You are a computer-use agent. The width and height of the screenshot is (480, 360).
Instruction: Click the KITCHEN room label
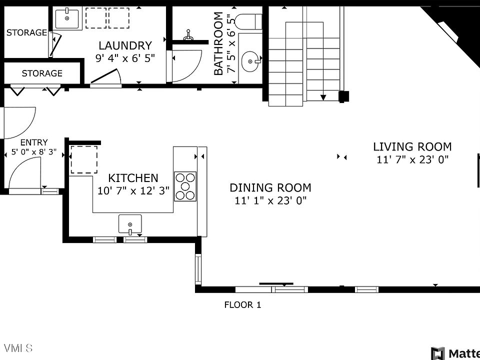pos(133,178)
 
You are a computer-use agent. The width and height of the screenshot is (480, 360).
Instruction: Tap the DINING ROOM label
pos(270,187)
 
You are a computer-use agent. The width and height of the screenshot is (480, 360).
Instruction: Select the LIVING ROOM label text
pos(412,146)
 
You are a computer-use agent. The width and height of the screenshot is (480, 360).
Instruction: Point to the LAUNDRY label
pos(125,45)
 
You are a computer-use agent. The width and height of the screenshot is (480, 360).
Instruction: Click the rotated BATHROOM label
pos(218,43)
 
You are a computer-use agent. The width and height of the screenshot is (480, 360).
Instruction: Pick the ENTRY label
pos(34,142)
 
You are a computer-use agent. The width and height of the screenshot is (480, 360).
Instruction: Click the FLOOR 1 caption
pos(243,304)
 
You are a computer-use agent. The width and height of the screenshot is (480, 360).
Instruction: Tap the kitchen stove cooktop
pos(185,186)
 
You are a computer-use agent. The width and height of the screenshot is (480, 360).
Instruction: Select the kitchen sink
pos(130,224)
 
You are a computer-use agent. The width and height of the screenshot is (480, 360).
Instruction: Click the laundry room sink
pos(67,19)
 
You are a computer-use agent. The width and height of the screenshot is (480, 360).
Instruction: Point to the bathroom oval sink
pos(250,61)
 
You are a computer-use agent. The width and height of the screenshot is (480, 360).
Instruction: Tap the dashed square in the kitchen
pos(84,159)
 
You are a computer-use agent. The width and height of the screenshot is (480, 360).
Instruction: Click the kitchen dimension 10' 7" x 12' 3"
pos(133,190)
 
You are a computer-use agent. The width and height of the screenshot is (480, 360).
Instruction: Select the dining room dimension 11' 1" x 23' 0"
pos(270,200)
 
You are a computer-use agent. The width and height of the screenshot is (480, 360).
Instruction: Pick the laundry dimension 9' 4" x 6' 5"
pos(125,58)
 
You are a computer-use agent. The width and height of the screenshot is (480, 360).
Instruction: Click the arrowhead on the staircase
pos(323,97)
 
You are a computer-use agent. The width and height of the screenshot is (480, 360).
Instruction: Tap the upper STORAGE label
pos(26,32)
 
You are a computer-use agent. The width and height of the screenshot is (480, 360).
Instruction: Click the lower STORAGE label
pos(42,73)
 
